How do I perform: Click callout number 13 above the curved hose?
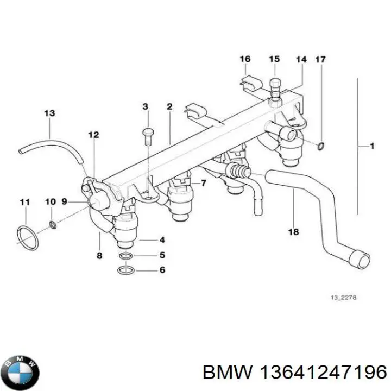tap(49, 113)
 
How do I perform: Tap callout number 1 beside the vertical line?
tap(372, 146)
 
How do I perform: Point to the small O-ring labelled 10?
tap(52, 224)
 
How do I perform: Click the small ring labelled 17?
tap(321, 146)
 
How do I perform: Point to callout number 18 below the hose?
tap(293, 232)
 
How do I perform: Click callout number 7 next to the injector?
tap(203, 183)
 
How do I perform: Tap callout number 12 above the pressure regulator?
tap(93, 135)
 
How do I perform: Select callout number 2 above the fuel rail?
tap(169, 106)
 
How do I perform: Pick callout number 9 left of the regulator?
tap(64, 201)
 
